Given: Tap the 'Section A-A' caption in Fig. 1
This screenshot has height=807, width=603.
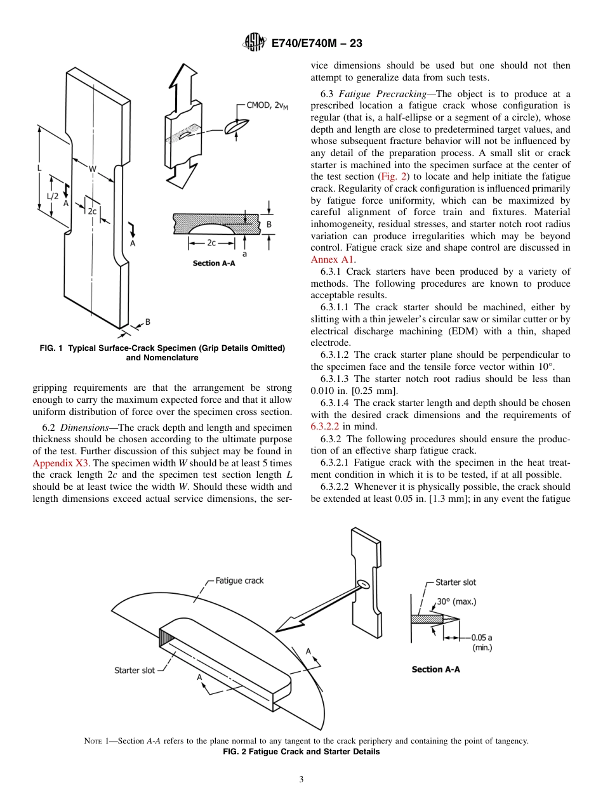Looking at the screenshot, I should click(214, 263).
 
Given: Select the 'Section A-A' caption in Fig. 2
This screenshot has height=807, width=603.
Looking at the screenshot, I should click(435, 669).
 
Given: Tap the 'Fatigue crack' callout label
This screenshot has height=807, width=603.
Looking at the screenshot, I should click(239, 581).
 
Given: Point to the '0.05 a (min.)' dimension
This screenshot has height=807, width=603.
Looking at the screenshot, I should click(482, 642).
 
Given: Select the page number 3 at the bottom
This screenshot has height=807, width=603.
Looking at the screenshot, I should click(301, 779).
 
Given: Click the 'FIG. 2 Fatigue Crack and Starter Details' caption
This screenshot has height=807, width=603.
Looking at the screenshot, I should click(301, 752).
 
